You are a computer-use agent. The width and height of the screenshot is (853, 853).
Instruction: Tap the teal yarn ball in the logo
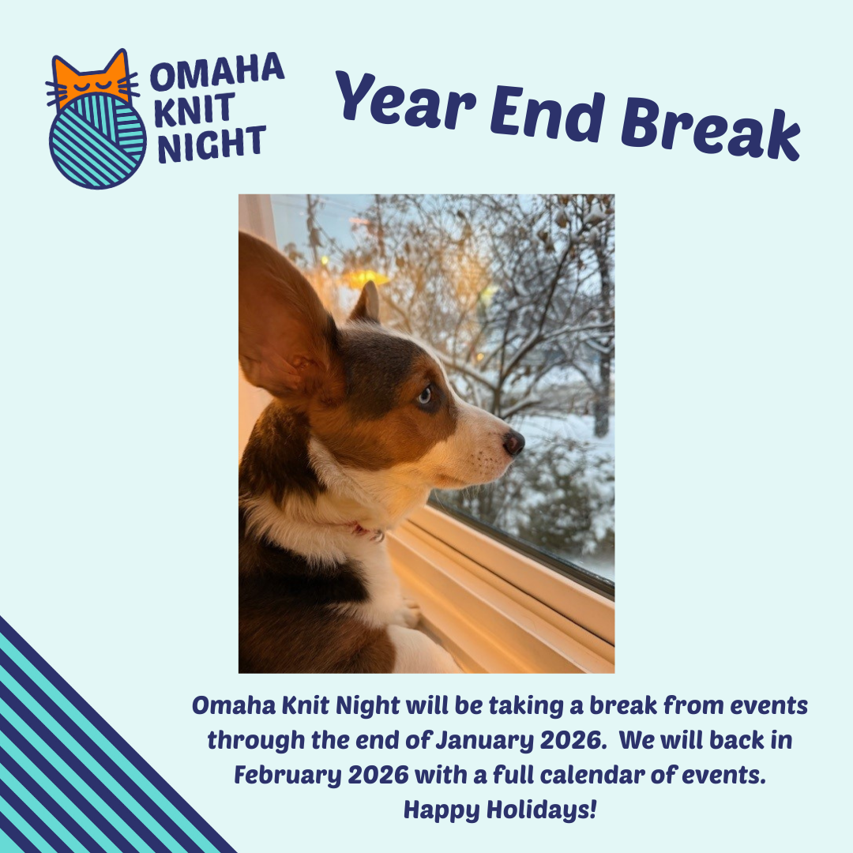98,141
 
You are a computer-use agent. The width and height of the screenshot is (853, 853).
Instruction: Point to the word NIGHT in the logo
212,145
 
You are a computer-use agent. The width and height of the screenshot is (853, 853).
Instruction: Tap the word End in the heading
547,115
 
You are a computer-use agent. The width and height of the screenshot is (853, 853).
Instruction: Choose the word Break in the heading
710,130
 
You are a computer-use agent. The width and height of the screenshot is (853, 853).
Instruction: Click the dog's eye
424,395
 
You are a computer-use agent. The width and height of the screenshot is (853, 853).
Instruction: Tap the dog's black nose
513,442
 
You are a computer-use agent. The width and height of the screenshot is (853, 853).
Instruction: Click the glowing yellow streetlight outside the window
363,277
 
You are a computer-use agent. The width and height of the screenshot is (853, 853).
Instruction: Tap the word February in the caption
287,776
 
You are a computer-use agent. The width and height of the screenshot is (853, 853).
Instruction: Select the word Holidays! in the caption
541,810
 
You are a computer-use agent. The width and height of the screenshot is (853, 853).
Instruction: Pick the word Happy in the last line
442,810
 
